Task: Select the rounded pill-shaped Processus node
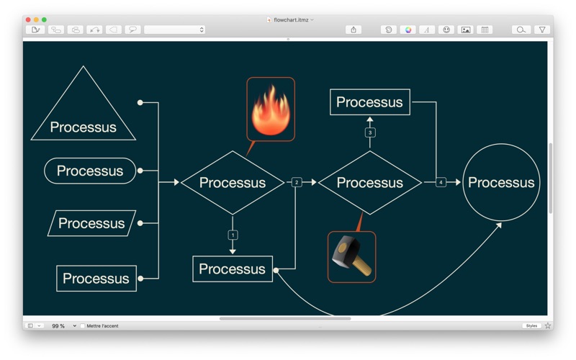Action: click(90, 171)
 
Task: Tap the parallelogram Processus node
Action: click(92, 223)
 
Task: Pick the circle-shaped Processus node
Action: click(501, 182)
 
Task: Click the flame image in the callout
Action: click(271, 110)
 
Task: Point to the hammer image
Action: click(351, 256)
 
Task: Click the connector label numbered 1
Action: click(233, 235)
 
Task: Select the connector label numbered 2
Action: click(297, 182)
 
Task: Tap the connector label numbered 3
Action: click(370, 132)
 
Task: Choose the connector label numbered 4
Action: click(441, 182)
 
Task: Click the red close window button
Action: click(28, 20)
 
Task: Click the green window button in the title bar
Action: click(44, 20)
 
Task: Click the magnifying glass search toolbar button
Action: click(521, 30)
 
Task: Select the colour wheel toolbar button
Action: click(408, 30)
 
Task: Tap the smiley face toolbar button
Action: click(446, 30)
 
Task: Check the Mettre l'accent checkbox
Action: click(83, 326)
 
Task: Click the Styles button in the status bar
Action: click(531, 326)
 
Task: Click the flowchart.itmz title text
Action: click(291, 20)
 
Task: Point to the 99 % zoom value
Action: click(58, 326)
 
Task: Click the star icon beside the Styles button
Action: click(548, 326)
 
